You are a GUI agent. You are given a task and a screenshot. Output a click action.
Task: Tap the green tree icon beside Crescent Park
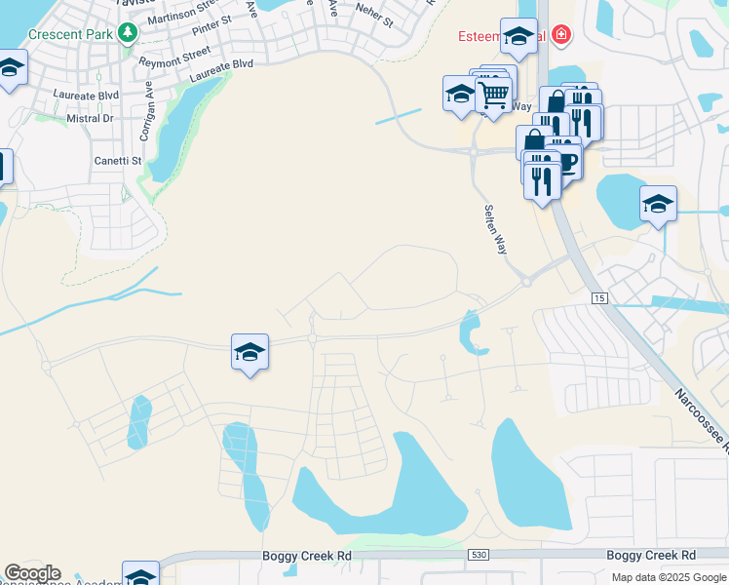click(127, 34)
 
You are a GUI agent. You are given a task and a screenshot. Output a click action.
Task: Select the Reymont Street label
click(175, 56)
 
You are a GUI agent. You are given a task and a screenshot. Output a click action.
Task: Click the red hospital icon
click(559, 37)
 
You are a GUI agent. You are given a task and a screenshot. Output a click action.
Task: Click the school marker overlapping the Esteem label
click(518, 37)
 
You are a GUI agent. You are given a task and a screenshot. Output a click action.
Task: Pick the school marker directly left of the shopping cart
click(459, 94)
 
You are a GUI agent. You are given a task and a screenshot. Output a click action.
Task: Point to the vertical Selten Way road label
click(496, 230)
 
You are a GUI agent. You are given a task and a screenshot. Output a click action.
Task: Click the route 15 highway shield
click(599, 294)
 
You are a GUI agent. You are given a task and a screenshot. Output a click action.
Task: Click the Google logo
click(32, 573)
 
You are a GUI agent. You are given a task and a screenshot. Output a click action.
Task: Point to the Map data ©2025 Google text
click(669, 577)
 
